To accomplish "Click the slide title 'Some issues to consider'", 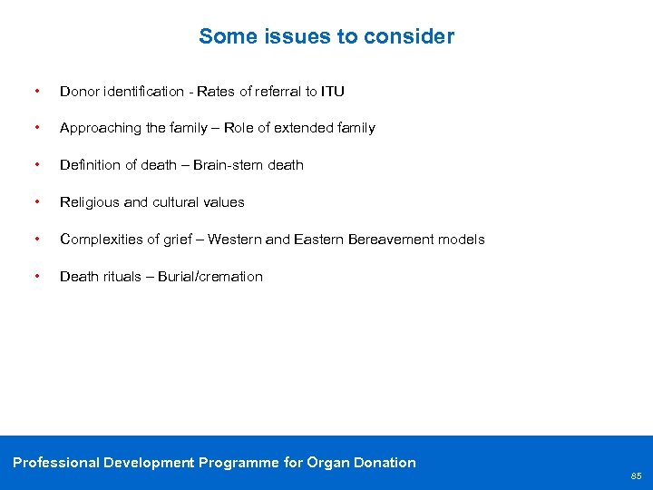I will point(326,36).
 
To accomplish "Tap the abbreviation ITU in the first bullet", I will point(332,92).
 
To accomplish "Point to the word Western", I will point(237,240).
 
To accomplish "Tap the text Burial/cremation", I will point(210,277).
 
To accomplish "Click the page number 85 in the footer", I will point(636,475).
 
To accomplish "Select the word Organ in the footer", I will point(331,463).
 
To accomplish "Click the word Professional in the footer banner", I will point(55,463).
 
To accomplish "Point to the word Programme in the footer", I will point(239,463).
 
